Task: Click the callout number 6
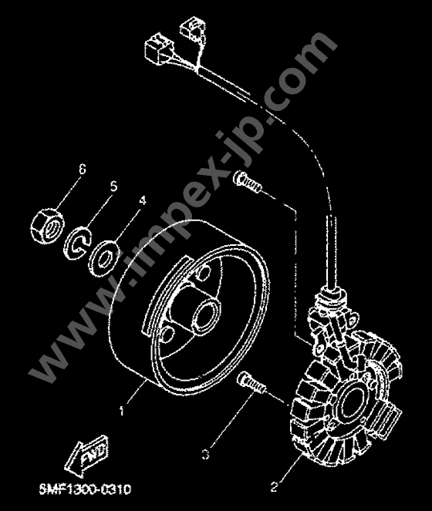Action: pyautogui.click(x=82, y=169)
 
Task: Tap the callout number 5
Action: pyautogui.click(x=113, y=187)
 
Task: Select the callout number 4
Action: pyautogui.click(x=142, y=200)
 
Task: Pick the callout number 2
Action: pyautogui.click(x=274, y=487)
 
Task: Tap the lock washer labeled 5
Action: pyautogui.click(x=78, y=243)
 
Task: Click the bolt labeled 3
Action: pyautogui.click(x=251, y=382)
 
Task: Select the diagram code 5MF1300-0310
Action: pyautogui.click(x=85, y=489)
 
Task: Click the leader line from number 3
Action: pyautogui.click(x=231, y=420)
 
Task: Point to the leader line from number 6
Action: pyautogui.click(x=69, y=193)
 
